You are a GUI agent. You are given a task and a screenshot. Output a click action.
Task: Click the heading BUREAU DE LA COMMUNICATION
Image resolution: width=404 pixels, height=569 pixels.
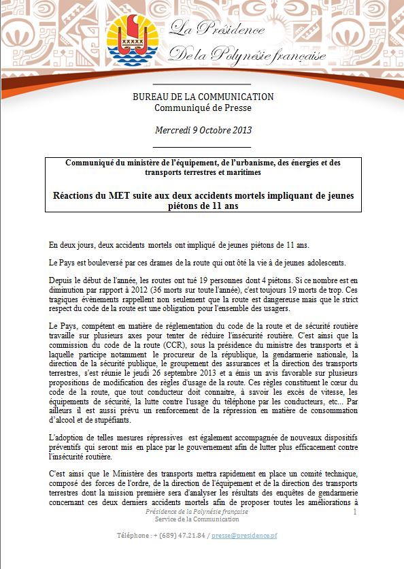click(203, 97)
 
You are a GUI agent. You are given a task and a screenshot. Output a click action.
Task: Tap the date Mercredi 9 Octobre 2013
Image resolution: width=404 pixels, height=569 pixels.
click(202, 129)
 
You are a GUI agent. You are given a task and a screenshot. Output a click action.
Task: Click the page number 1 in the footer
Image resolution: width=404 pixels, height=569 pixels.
click(355, 511)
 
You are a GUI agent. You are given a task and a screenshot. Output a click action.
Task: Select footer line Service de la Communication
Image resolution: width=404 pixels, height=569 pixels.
click(192, 519)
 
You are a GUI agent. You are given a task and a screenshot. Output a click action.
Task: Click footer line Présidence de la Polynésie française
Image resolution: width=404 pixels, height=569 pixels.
click(192, 511)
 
